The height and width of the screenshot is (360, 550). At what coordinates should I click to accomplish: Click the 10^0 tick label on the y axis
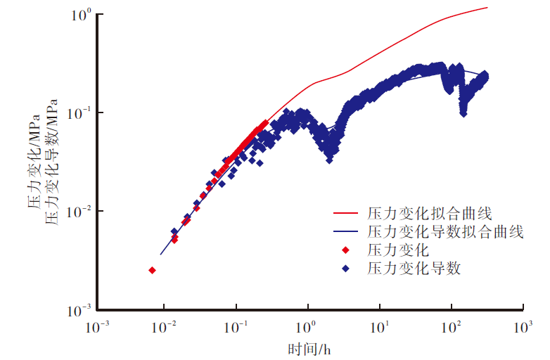point(82,14)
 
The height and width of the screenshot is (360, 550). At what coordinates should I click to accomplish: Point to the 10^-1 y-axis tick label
point(81,113)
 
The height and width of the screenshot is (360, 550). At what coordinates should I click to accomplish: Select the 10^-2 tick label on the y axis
point(81,212)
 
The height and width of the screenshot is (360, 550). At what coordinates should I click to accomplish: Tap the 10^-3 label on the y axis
point(81,310)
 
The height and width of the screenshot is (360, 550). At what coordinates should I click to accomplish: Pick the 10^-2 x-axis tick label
point(165,327)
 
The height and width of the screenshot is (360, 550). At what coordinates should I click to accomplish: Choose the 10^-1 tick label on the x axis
point(236,327)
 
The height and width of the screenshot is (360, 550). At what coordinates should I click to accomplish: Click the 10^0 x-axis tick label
point(307,327)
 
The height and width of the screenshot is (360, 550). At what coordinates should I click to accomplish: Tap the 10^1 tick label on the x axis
point(379,327)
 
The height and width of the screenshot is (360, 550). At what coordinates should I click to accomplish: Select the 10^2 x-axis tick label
point(451,327)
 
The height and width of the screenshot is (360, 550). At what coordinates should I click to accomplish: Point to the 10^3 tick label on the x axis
point(522,327)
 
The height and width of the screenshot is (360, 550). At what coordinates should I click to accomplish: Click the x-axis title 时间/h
point(309,349)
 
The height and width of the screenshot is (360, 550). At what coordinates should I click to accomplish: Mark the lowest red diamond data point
point(152,270)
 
